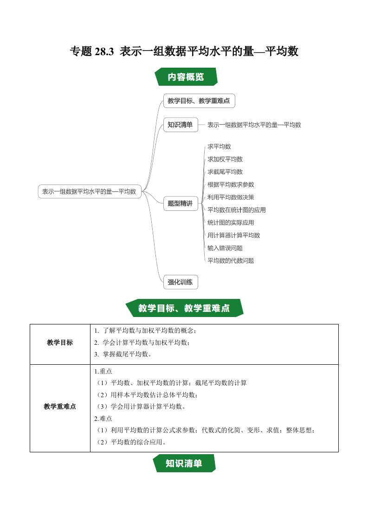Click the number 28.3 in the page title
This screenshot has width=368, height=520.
click(104, 51)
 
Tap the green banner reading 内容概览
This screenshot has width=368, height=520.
click(185, 77)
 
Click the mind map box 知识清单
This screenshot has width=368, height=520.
click(180, 125)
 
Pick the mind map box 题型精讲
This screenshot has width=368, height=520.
click(180, 203)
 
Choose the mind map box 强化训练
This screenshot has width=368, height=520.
click(180, 281)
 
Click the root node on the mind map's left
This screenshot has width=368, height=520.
click(89, 191)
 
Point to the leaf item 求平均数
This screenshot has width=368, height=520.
click(219, 146)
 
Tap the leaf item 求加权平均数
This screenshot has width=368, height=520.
click(225, 159)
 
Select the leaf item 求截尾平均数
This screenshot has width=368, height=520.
click(225, 172)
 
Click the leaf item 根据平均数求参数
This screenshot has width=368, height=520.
click(231, 184)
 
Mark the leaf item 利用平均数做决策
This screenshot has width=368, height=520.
click(231, 197)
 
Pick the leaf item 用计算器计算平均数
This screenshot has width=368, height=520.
click(234, 235)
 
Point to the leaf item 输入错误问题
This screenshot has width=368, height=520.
click(225, 248)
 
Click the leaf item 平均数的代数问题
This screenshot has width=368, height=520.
click(231, 260)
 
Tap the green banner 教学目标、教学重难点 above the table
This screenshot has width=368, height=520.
click(184, 308)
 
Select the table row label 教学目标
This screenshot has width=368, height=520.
click(60, 343)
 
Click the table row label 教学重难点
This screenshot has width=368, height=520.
click(60, 406)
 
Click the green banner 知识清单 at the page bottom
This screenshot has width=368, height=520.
click(184, 463)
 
